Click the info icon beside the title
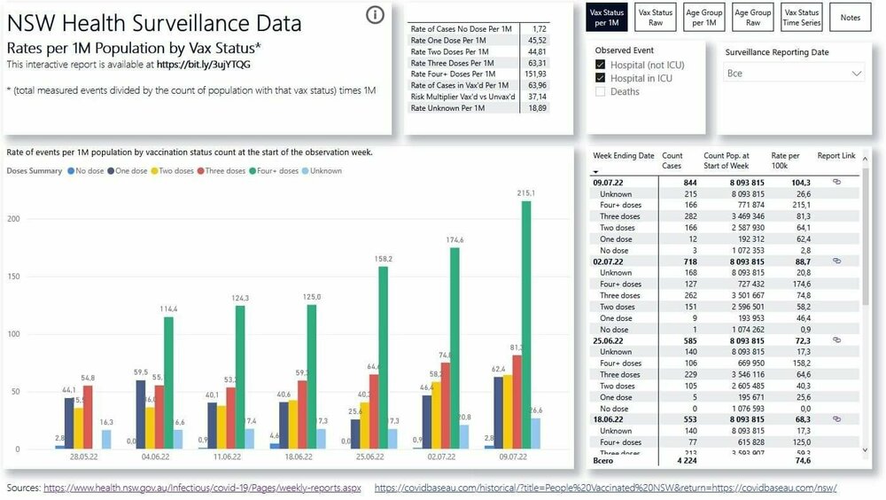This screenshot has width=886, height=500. (x=375, y=15)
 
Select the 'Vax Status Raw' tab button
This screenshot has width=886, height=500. (x=657, y=18)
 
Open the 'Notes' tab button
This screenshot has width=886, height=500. (x=851, y=18)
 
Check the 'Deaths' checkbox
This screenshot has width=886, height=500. (x=601, y=91)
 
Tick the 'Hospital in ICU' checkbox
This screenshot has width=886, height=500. (x=601, y=78)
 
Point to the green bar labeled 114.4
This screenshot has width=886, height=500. (x=168, y=382)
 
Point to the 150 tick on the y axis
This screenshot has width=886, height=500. (x=13, y=276)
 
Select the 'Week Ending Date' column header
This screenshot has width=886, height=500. (x=623, y=156)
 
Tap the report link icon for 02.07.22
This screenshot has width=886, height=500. (x=836, y=262)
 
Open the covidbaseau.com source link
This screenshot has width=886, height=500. (x=605, y=488)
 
